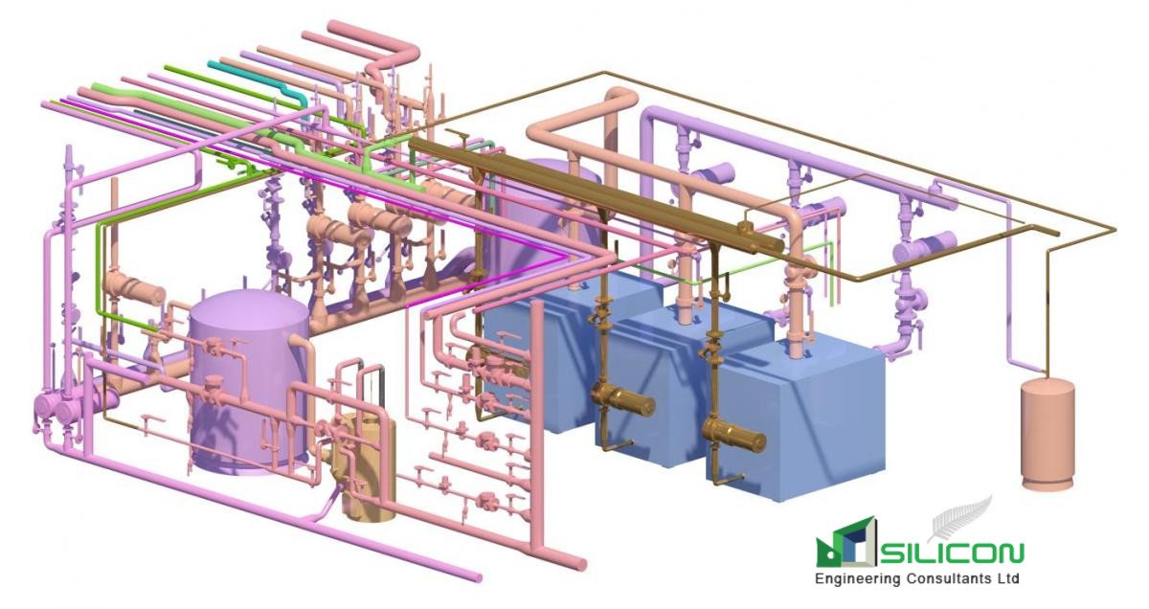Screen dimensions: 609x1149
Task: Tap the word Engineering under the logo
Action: click(x=854, y=579)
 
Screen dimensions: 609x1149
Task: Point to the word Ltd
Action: click(x=1006, y=579)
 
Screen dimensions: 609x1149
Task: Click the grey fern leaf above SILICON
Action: click(x=962, y=518)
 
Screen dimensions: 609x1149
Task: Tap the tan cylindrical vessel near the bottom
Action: click(x=368, y=469)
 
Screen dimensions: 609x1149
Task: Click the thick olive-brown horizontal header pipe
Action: click(x=594, y=192)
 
